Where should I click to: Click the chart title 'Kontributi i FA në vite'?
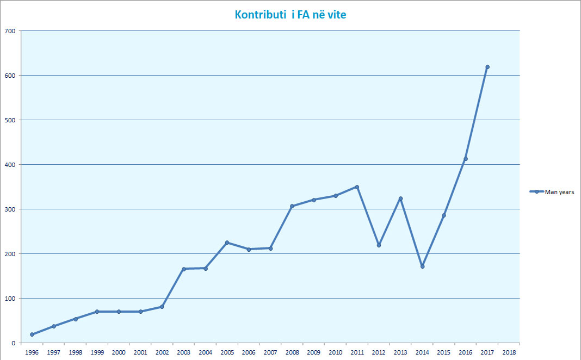tap(290, 15)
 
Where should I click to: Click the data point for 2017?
tap(487, 67)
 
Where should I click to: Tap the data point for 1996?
tap(32, 334)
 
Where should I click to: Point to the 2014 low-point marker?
tap(422, 266)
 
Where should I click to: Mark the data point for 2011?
tap(357, 187)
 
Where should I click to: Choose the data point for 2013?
tap(400, 198)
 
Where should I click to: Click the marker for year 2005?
tap(227, 243)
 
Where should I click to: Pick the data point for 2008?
tap(292, 206)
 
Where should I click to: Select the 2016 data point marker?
tap(466, 159)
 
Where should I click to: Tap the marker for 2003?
tap(184, 269)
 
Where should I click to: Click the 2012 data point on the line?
tap(379, 245)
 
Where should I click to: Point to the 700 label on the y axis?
tap(9, 30)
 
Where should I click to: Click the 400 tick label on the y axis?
tap(9, 164)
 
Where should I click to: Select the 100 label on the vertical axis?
tap(9, 298)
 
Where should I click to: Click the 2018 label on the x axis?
tap(509, 352)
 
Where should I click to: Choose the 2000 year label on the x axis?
tap(119, 352)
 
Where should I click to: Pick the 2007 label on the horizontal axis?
tap(270, 352)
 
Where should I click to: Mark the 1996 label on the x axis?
tap(32, 352)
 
